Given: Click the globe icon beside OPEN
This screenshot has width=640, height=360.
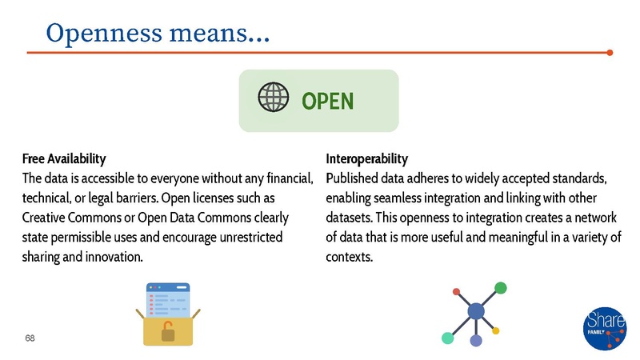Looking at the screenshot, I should coord(274,100).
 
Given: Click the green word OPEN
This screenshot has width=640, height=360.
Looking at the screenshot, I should coord(327,102).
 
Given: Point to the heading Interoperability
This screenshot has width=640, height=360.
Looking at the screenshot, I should coord(367,158).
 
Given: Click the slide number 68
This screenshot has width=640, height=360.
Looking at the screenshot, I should coord(30,338).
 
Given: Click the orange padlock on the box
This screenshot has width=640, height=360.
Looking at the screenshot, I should coord(168,330).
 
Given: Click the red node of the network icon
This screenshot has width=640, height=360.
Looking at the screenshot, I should coord(457,291).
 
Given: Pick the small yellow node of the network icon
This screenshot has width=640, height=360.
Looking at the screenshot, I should coord(496,330).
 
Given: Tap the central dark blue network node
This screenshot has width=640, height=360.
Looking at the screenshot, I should coord(476,310).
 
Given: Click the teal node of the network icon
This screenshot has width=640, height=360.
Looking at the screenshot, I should coord(448,337).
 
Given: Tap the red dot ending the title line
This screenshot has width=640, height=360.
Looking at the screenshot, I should coord(610,54).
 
